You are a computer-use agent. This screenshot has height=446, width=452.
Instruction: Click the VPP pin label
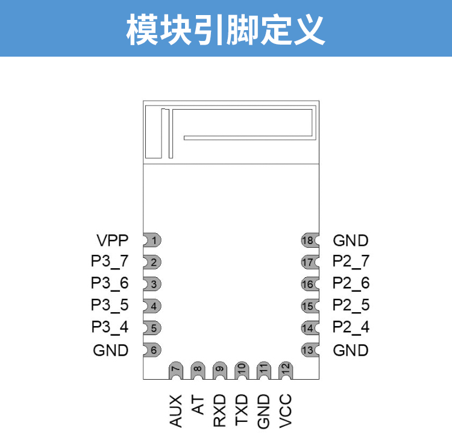(x=112, y=241)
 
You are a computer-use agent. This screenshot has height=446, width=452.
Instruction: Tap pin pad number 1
(x=153, y=241)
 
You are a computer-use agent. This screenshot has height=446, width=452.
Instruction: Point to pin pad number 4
(x=153, y=306)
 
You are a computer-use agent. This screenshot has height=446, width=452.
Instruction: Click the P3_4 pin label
(x=110, y=328)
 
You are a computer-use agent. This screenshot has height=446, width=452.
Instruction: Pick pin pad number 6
(x=153, y=350)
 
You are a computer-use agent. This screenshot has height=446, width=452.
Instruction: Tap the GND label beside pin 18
(x=350, y=241)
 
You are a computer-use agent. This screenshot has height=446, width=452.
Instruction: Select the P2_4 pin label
(x=351, y=328)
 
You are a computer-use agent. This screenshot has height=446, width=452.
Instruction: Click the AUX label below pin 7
(x=176, y=410)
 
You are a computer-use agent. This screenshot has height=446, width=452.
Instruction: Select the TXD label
(x=242, y=410)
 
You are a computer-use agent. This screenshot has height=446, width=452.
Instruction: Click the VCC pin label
(x=285, y=410)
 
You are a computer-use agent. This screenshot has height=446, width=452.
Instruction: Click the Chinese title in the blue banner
(x=226, y=28)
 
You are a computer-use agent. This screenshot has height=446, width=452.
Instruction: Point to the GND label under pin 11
(x=263, y=411)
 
